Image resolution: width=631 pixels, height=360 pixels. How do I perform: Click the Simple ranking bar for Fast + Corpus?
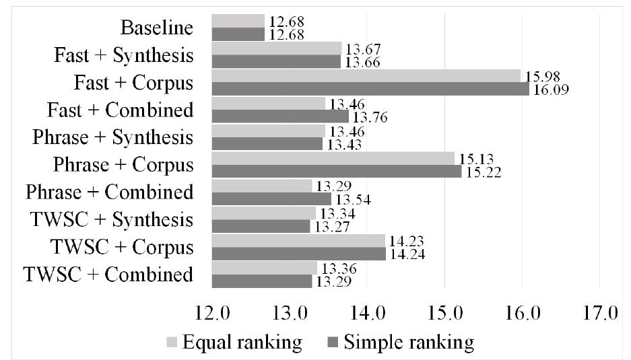[370, 89]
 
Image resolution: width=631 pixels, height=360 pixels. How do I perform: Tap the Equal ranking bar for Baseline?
[238, 21]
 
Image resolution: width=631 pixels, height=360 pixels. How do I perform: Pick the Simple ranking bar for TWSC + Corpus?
[298, 254]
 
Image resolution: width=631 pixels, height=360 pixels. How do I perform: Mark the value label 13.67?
[362, 48]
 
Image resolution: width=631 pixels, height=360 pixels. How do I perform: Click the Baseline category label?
[157, 28]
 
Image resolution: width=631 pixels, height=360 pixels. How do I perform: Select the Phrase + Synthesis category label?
[112, 137]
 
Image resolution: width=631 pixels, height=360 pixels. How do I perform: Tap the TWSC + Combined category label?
[108, 275]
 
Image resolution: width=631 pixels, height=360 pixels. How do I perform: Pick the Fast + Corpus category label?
[133, 83]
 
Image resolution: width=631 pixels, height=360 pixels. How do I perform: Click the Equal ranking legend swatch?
[172, 343]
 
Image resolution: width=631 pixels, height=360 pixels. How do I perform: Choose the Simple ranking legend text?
[409, 343]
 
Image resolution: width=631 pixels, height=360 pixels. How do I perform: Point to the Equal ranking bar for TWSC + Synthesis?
[263, 213]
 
